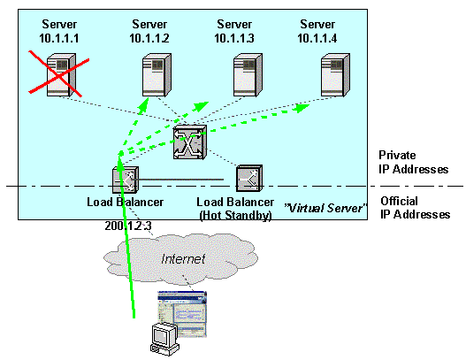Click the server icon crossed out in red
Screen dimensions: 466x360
point(61,75)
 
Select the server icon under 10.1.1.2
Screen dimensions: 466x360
point(157,75)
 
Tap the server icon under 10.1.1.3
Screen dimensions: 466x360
point(248,75)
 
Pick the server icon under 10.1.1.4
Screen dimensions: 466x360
point(335,75)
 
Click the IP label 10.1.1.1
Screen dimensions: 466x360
point(59,38)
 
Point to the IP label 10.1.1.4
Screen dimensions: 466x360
point(317,38)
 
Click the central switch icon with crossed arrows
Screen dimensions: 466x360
point(189,142)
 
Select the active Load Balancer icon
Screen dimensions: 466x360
point(126,180)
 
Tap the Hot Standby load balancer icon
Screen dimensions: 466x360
point(249,179)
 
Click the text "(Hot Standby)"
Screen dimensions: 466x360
point(235,215)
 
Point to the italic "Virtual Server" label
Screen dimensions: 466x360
point(325,208)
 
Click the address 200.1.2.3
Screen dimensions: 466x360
point(128,226)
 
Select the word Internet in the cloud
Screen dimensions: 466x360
point(183,259)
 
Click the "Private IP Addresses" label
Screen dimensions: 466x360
point(414,162)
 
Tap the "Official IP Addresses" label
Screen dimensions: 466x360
point(416,208)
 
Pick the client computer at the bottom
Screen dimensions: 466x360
point(164,340)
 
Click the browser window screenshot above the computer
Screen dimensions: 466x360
point(182,314)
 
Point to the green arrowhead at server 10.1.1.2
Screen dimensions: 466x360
point(143,104)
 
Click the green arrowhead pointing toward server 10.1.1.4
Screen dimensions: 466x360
point(302,108)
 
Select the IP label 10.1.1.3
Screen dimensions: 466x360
point(234,38)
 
